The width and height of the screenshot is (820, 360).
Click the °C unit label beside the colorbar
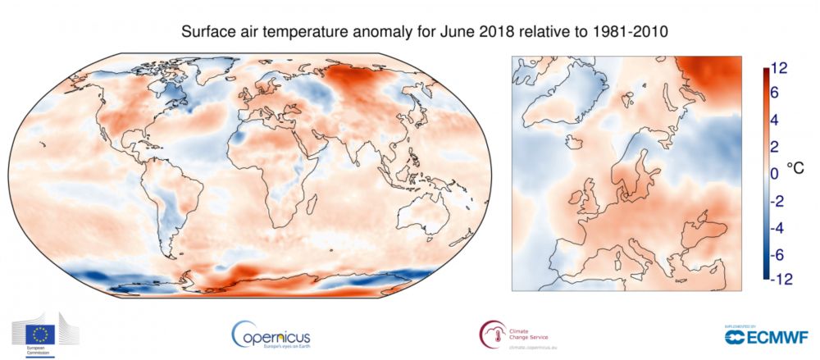point(795,166)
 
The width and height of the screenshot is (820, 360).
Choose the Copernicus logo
point(271,334)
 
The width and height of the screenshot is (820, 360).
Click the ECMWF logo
point(767,337)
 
